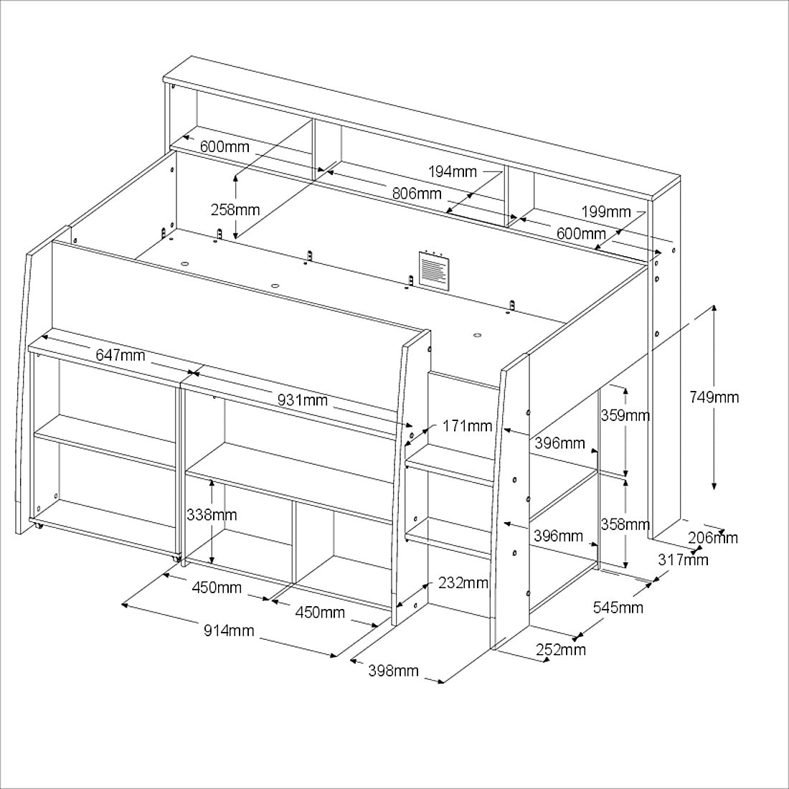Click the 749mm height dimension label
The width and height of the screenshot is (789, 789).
pyautogui.click(x=714, y=397)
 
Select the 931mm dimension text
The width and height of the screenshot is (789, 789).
pyautogui.click(x=303, y=400)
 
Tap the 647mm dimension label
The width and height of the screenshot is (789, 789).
pyautogui.click(x=121, y=355)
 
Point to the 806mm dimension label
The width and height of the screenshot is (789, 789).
pyautogui.click(x=417, y=193)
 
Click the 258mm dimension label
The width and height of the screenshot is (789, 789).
pyautogui.click(x=235, y=209)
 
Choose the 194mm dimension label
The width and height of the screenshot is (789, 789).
pyautogui.click(x=453, y=171)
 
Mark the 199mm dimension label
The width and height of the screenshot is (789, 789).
pyautogui.click(x=606, y=212)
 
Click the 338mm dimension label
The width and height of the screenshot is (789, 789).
pyautogui.click(x=212, y=515)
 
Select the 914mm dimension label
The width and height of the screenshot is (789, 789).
pyautogui.click(x=229, y=630)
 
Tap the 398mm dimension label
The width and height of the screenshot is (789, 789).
pyautogui.click(x=394, y=670)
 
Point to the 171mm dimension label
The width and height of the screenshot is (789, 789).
pyautogui.click(x=467, y=426)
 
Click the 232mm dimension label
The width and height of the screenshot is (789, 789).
pyautogui.click(x=463, y=582)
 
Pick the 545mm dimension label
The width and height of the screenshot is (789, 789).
pyautogui.click(x=618, y=608)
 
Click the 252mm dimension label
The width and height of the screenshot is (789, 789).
pyautogui.click(x=561, y=650)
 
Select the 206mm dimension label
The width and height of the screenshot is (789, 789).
pyautogui.click(x=713, y=538)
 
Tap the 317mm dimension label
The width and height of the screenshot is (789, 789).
pyautogui.click(x=684, y=559)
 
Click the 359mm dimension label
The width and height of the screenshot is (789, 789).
pyautogui.click(x=625, y=415)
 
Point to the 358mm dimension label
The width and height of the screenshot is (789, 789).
pyautogui.click(x=625, y=524)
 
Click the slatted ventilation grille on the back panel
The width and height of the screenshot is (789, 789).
pyautogui.click(x=434, y=269)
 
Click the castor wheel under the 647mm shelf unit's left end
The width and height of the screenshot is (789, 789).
pyautogui.click(x=37, y=526)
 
